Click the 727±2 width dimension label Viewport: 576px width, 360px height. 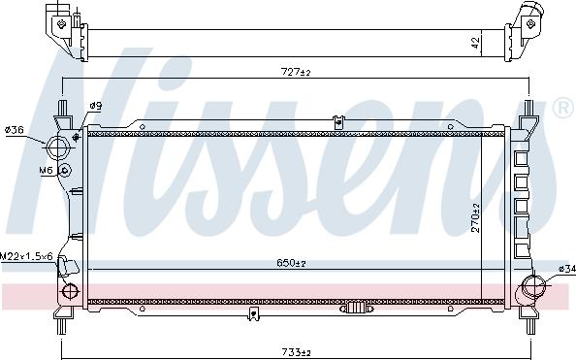click(295, 72)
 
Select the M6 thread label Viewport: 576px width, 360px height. click(46, 171)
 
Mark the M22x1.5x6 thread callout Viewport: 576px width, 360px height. click(26, 255)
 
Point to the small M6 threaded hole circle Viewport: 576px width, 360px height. click(64, 171)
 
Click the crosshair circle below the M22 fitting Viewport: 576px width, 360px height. click(69, 291)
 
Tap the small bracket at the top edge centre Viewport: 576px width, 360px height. click(337, 121)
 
